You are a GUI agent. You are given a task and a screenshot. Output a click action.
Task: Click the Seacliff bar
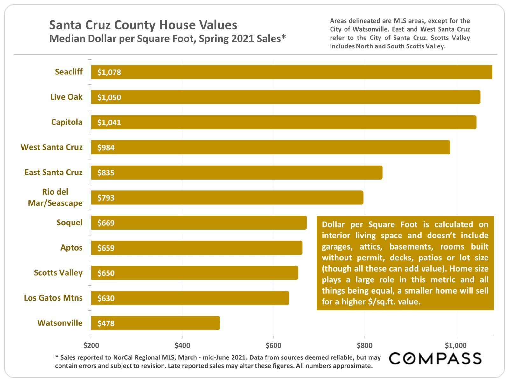291,72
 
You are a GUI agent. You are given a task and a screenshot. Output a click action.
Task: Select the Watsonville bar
155,323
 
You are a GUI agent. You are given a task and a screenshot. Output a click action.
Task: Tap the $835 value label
106,173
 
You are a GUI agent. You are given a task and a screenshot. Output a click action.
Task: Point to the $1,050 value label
109,97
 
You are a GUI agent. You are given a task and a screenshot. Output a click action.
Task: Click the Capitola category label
66,122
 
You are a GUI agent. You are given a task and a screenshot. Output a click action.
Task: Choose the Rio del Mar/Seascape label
55,197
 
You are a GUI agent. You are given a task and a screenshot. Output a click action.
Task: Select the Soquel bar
199,223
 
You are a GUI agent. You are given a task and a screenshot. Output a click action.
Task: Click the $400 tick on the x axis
182,345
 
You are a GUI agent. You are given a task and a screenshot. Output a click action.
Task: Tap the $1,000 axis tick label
455,345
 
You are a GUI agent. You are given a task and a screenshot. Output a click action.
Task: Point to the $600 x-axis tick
273,345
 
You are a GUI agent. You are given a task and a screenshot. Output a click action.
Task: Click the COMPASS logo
435,358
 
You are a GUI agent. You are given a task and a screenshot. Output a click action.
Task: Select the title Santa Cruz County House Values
143,25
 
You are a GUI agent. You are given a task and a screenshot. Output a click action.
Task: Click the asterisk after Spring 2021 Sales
283,37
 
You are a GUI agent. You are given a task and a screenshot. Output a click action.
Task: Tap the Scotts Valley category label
58,273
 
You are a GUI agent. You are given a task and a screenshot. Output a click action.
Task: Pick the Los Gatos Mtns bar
190,298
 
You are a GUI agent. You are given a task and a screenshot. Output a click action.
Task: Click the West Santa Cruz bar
270,147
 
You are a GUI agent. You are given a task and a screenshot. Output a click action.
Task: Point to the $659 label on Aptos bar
106,248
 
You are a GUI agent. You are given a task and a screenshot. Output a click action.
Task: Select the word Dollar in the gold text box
333,224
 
